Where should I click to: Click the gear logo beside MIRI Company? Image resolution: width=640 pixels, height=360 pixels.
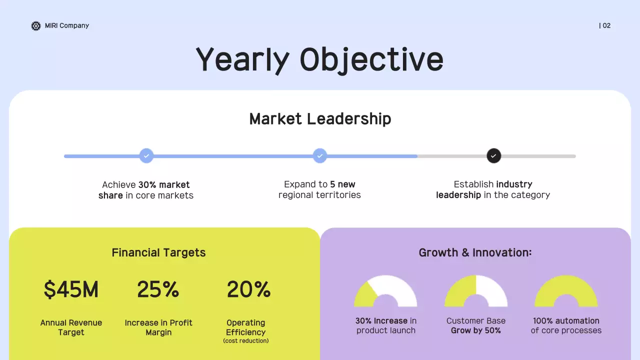coord(36,26)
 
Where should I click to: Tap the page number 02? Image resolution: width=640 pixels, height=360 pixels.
coord(606,26)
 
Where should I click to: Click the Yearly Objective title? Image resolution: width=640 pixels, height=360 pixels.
coord(319,59)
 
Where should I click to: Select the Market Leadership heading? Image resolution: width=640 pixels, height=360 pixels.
coord(320,119)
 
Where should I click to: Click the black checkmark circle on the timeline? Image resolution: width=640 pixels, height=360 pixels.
coord(493,156)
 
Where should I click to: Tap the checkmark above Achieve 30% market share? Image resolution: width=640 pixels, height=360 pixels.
coord(146,156)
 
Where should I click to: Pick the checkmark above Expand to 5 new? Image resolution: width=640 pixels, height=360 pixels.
coord(320,156)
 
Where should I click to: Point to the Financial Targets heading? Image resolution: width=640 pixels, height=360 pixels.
coord(158,252)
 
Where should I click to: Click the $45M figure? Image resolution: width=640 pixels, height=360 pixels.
coord(71,289)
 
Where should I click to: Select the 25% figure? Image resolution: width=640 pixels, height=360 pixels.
coord(158,289)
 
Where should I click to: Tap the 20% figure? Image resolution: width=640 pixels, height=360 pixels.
coord(248,289)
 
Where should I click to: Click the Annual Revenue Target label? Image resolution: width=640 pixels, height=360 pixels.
coord(71,327)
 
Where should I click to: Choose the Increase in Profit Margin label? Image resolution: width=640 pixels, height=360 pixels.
coord(158,327)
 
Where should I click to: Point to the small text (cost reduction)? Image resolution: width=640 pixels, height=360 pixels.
coord(246,341)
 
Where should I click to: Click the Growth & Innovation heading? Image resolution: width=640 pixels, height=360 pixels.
coord(475,252)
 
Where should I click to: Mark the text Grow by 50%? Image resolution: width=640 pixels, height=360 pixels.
coord(476,330)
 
